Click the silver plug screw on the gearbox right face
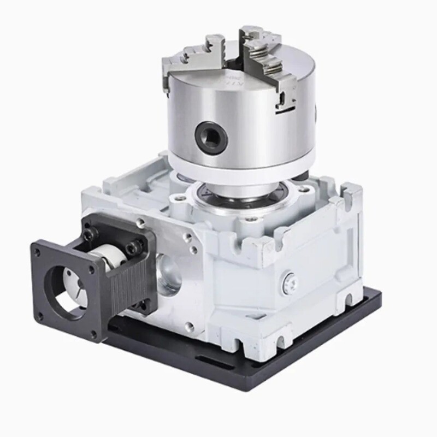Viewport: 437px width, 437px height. (289, 280)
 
